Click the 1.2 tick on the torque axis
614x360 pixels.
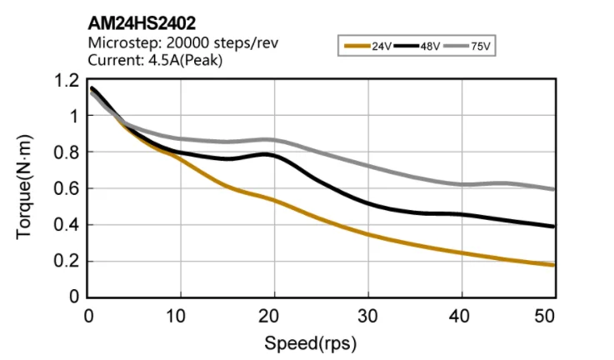(x=67, y=81)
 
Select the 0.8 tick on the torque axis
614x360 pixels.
(x=67, y=153)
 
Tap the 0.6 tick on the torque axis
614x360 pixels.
(x=67, y=189)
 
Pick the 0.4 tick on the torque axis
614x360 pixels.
(x=67, y=225)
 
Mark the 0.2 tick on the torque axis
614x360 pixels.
(x=67, y=262)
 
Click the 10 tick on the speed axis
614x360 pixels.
(x=175, y=316)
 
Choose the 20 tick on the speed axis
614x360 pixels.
(x=267, y=316)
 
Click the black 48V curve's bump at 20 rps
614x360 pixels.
(x=267, y=154)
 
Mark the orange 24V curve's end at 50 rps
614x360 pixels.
(x=552, y=265)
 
